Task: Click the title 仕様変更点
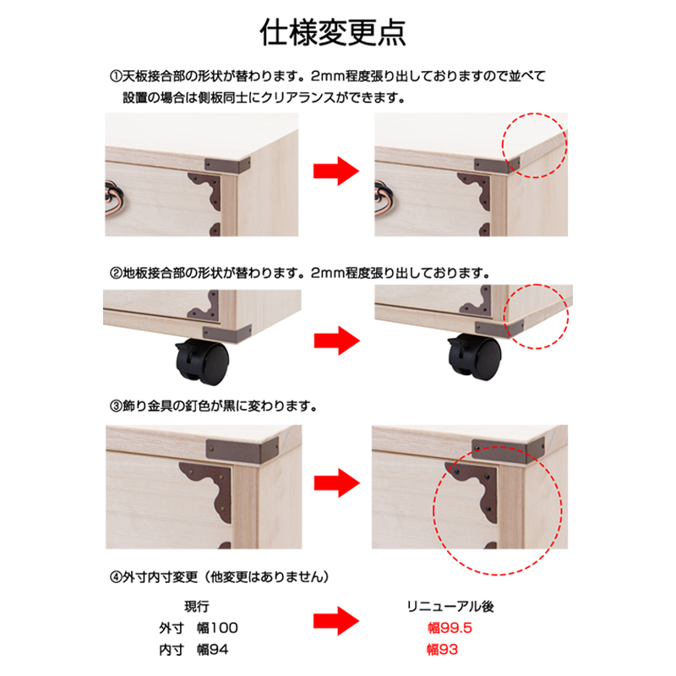tap(333, 33)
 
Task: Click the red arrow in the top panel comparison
tap(335, 172)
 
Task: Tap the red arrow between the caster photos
tap(336, 341)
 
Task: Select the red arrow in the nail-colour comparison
tap(336, 482)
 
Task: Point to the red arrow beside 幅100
tap(335, 621)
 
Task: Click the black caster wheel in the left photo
tap(202, 362)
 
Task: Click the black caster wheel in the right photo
tap(474, 357)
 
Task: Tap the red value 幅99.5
tap(450, 628)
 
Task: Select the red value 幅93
tap(442, 650)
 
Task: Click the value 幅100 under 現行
tap(217, 628)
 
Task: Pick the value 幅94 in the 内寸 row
tap(213, 650)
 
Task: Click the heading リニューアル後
tap(450, 607)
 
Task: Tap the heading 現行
tap(197, 607)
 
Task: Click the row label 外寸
tap(172, 628)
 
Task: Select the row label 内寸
tap(172, 650)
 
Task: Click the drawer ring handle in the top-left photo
tap(114, 199)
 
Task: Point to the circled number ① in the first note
tap(116, 77)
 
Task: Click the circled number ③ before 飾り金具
tap(116, 406)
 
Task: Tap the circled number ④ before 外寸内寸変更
tap(116, 577)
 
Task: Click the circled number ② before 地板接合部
tap(116, 273)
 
